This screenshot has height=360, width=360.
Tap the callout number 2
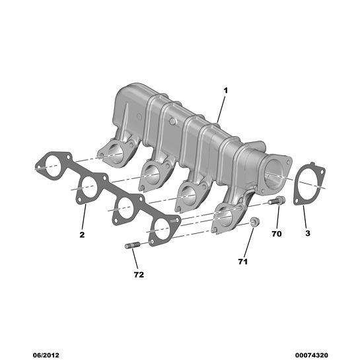coord(83,234)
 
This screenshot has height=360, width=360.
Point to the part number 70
coord(277,234)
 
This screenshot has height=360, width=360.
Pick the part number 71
coord(242,262)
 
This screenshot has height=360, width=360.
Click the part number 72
coord(139,274)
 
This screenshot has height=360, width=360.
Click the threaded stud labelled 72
coord(130,246)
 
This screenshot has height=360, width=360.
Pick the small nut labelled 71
coord(255,221)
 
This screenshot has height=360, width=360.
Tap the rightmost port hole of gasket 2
coord(163,227)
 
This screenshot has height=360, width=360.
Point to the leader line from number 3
coord(306,216)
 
